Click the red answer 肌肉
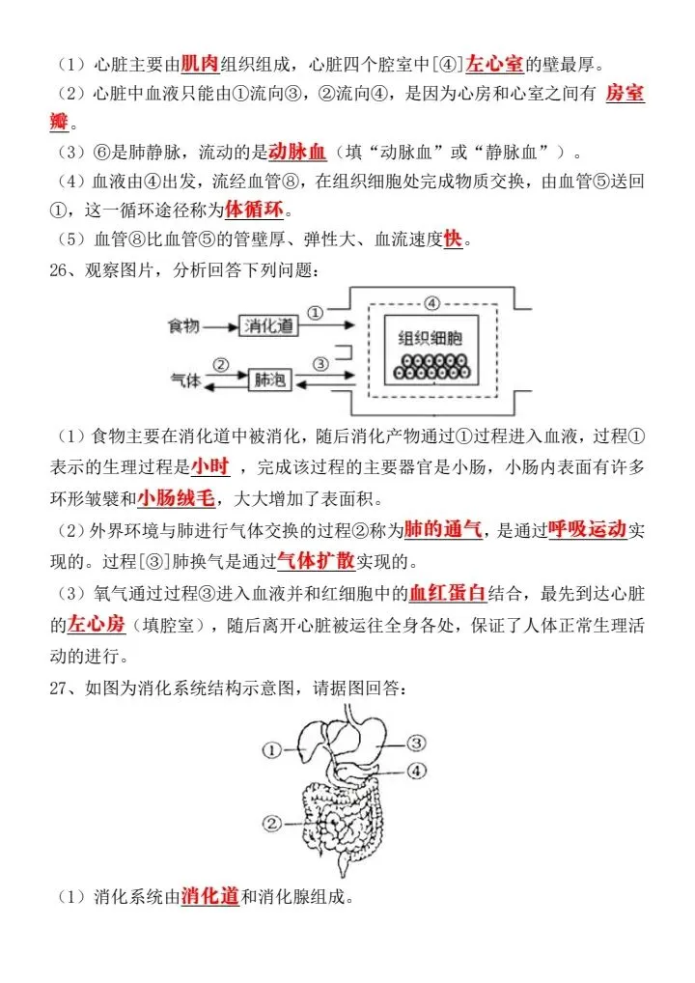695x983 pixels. coord(200,65)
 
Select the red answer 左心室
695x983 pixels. coord(494,65)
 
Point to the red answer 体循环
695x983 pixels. coord(256,210)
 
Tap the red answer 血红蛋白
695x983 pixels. coord(447,593)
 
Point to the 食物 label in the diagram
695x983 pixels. coord(183,326)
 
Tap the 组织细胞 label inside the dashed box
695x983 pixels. coord(431,338)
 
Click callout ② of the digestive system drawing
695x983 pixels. coord(271,823)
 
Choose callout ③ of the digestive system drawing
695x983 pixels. coord(415,743)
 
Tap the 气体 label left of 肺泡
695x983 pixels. coord(183,380)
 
